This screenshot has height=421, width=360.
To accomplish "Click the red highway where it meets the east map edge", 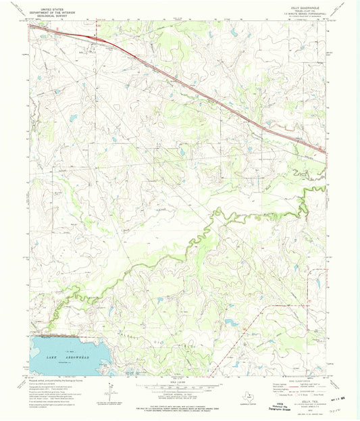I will coord(326,151).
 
